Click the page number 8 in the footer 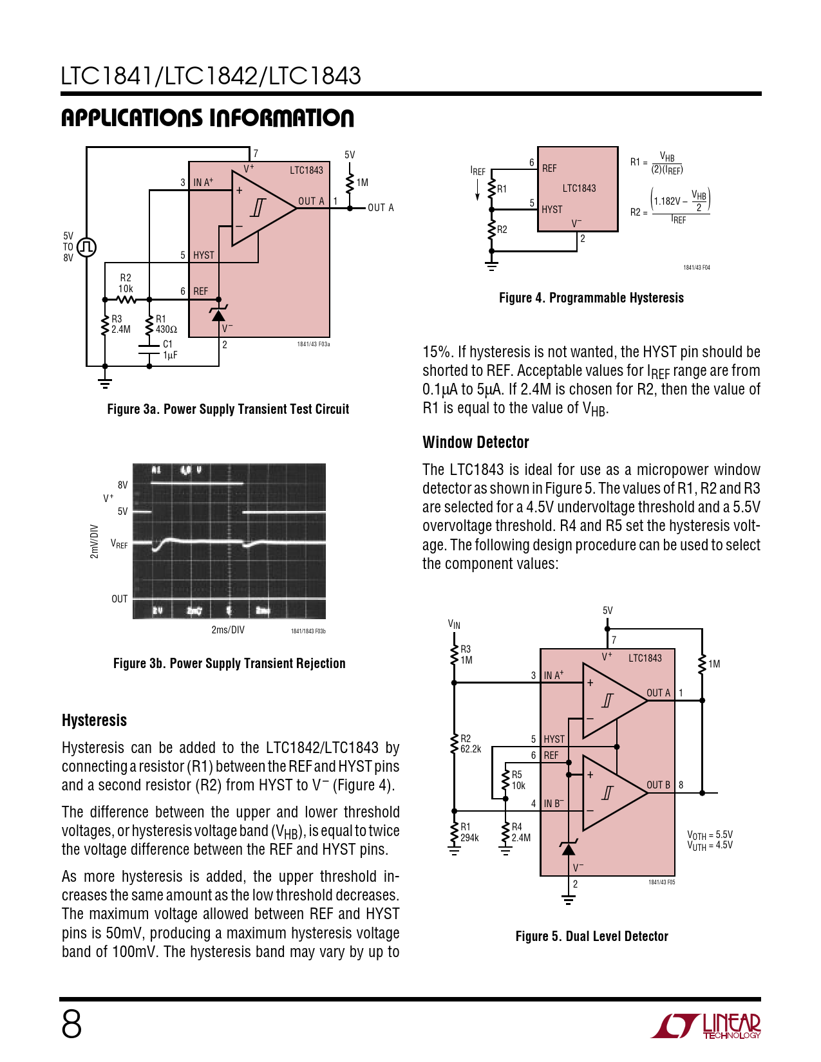pyautogui.click(x=71, y=1024)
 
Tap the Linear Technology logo pyautogui.click(x=706, y=1026)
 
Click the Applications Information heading pyautogui.click(x=207, y=118)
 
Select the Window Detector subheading pyautogui.click(x=475, y=442)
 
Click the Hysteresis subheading pyautogui.click(x=94, y=720)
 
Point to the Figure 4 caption pyautogui.click(x=591, y=298)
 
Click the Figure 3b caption pyautogui.click(x=229, y=664)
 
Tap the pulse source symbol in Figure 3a pyautogui.click(x=86, y=247)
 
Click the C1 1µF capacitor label pyautogui.click(x=169, y=349)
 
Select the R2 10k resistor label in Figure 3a pyautogui.click(x=126, y=283)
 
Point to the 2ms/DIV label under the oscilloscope pyautogui.click(x=228, y=629)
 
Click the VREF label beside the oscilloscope pyautogui.click(x=119, y=544)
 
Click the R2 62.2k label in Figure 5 pyautogui.click(x=470, y=743)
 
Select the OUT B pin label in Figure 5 pyautogui.click(x=658, y=785)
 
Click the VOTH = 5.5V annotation pyautogui.click(x=710, y=835)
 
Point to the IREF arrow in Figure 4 pyautogui.click(x=477, y=190)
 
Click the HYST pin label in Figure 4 pyautogui.click(x=552, y=209)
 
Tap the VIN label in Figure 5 pyautogui.click(x=454, y=624)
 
